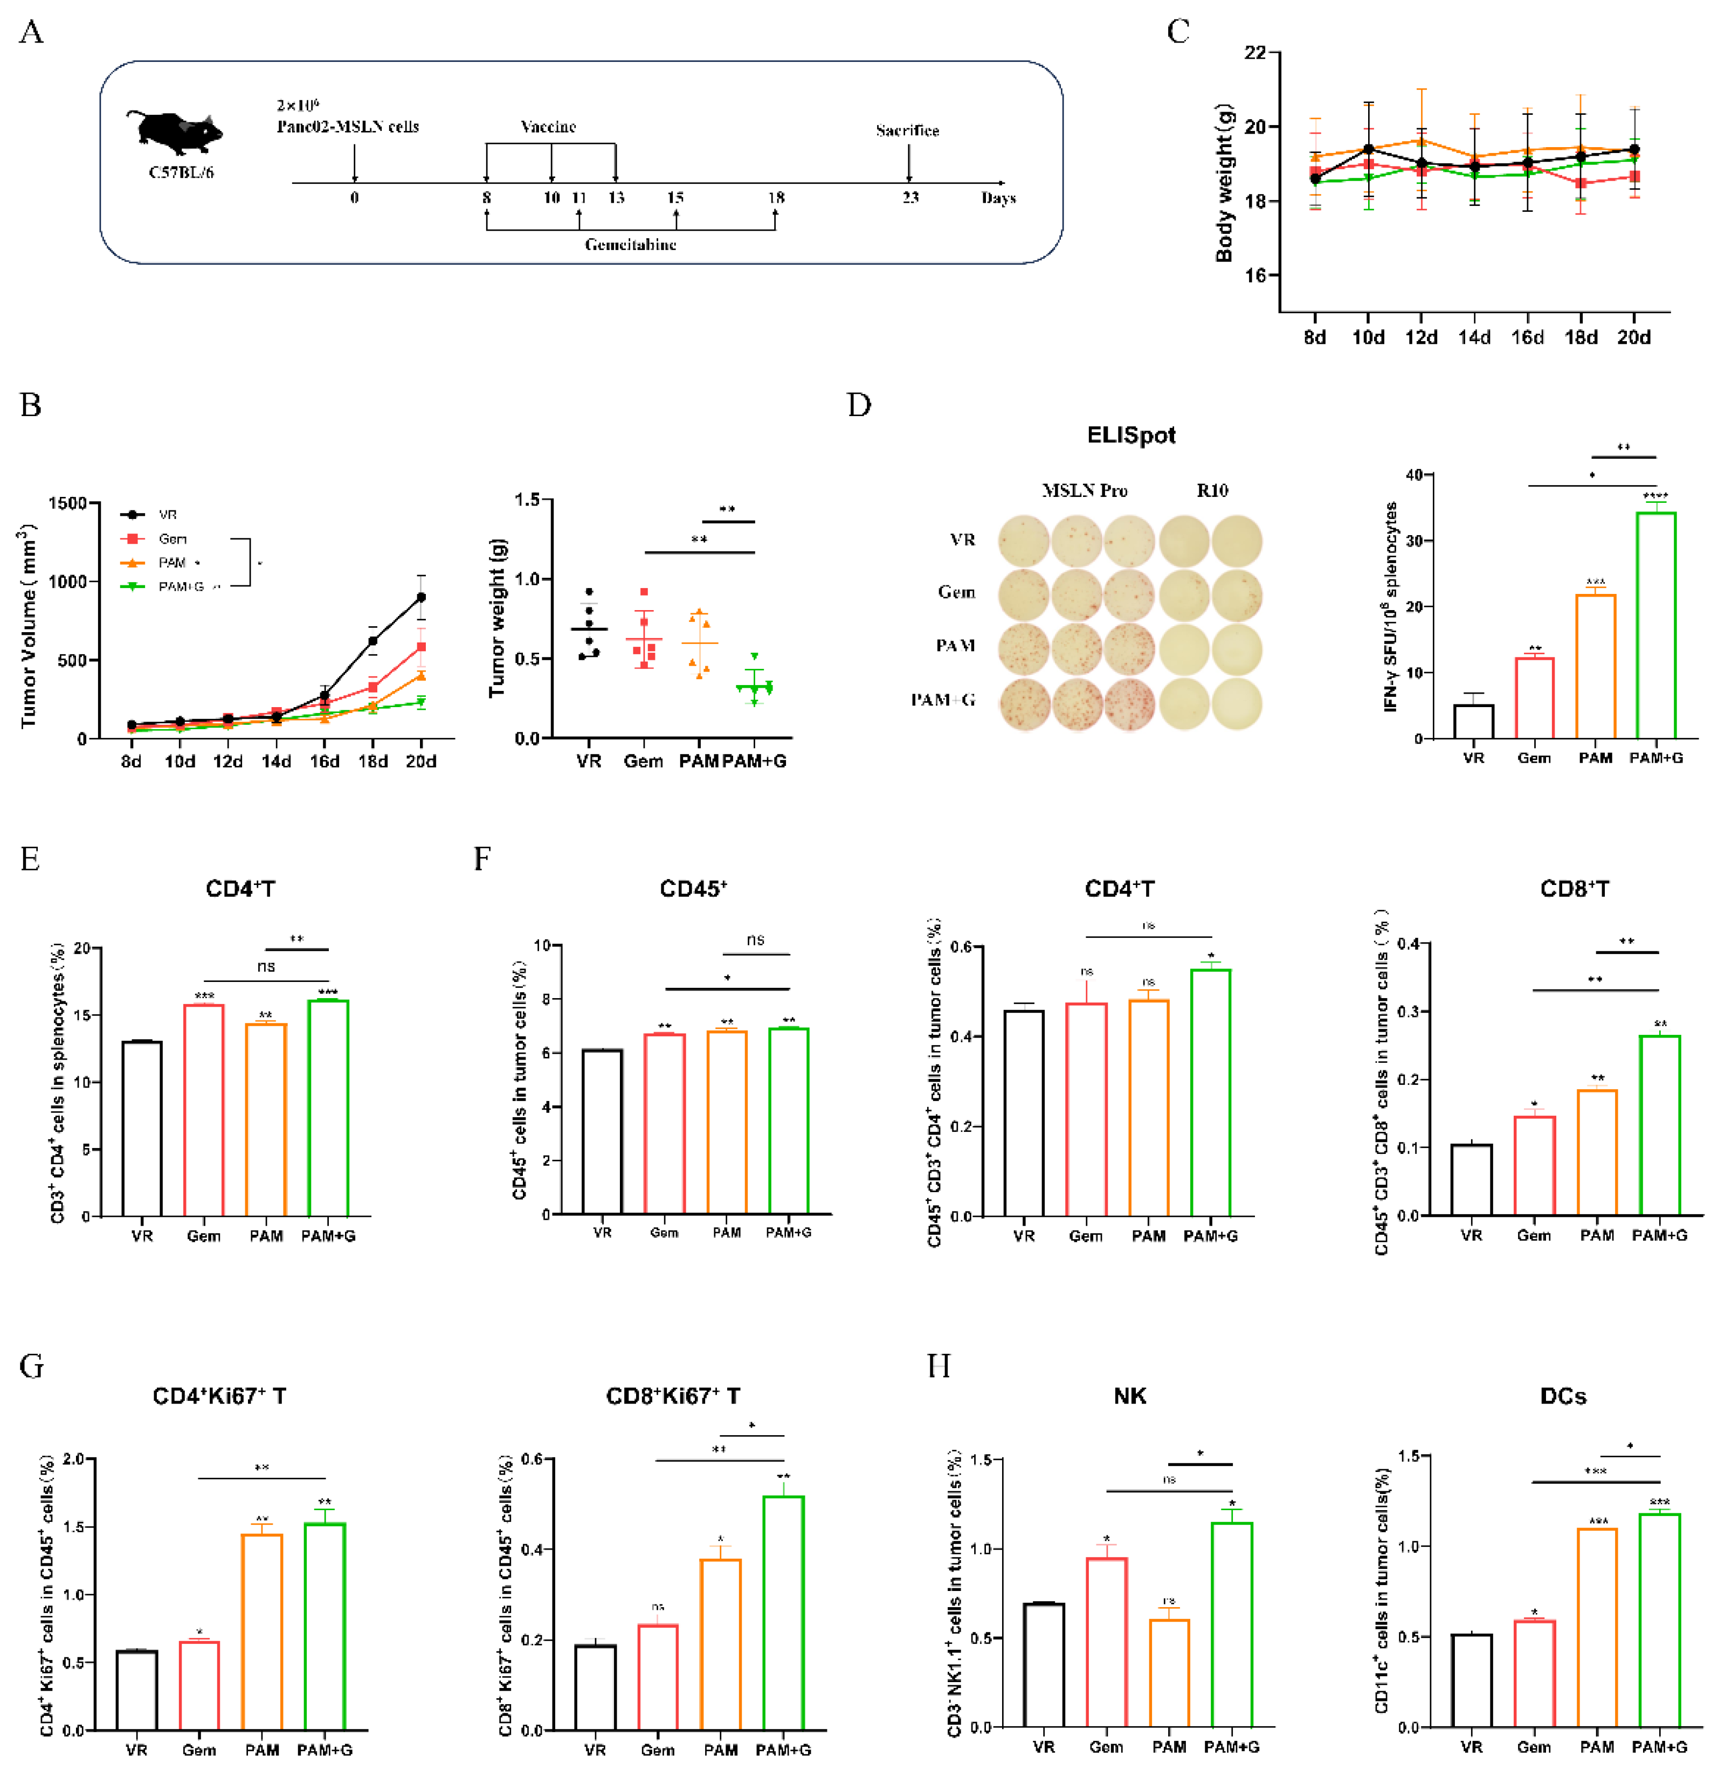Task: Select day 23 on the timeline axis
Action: point(909,197)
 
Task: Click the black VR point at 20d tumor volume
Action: point(420,598)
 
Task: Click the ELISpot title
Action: point(1130,435)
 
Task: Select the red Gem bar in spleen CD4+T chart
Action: point(204,1110)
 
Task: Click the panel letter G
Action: point(32,1366)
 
